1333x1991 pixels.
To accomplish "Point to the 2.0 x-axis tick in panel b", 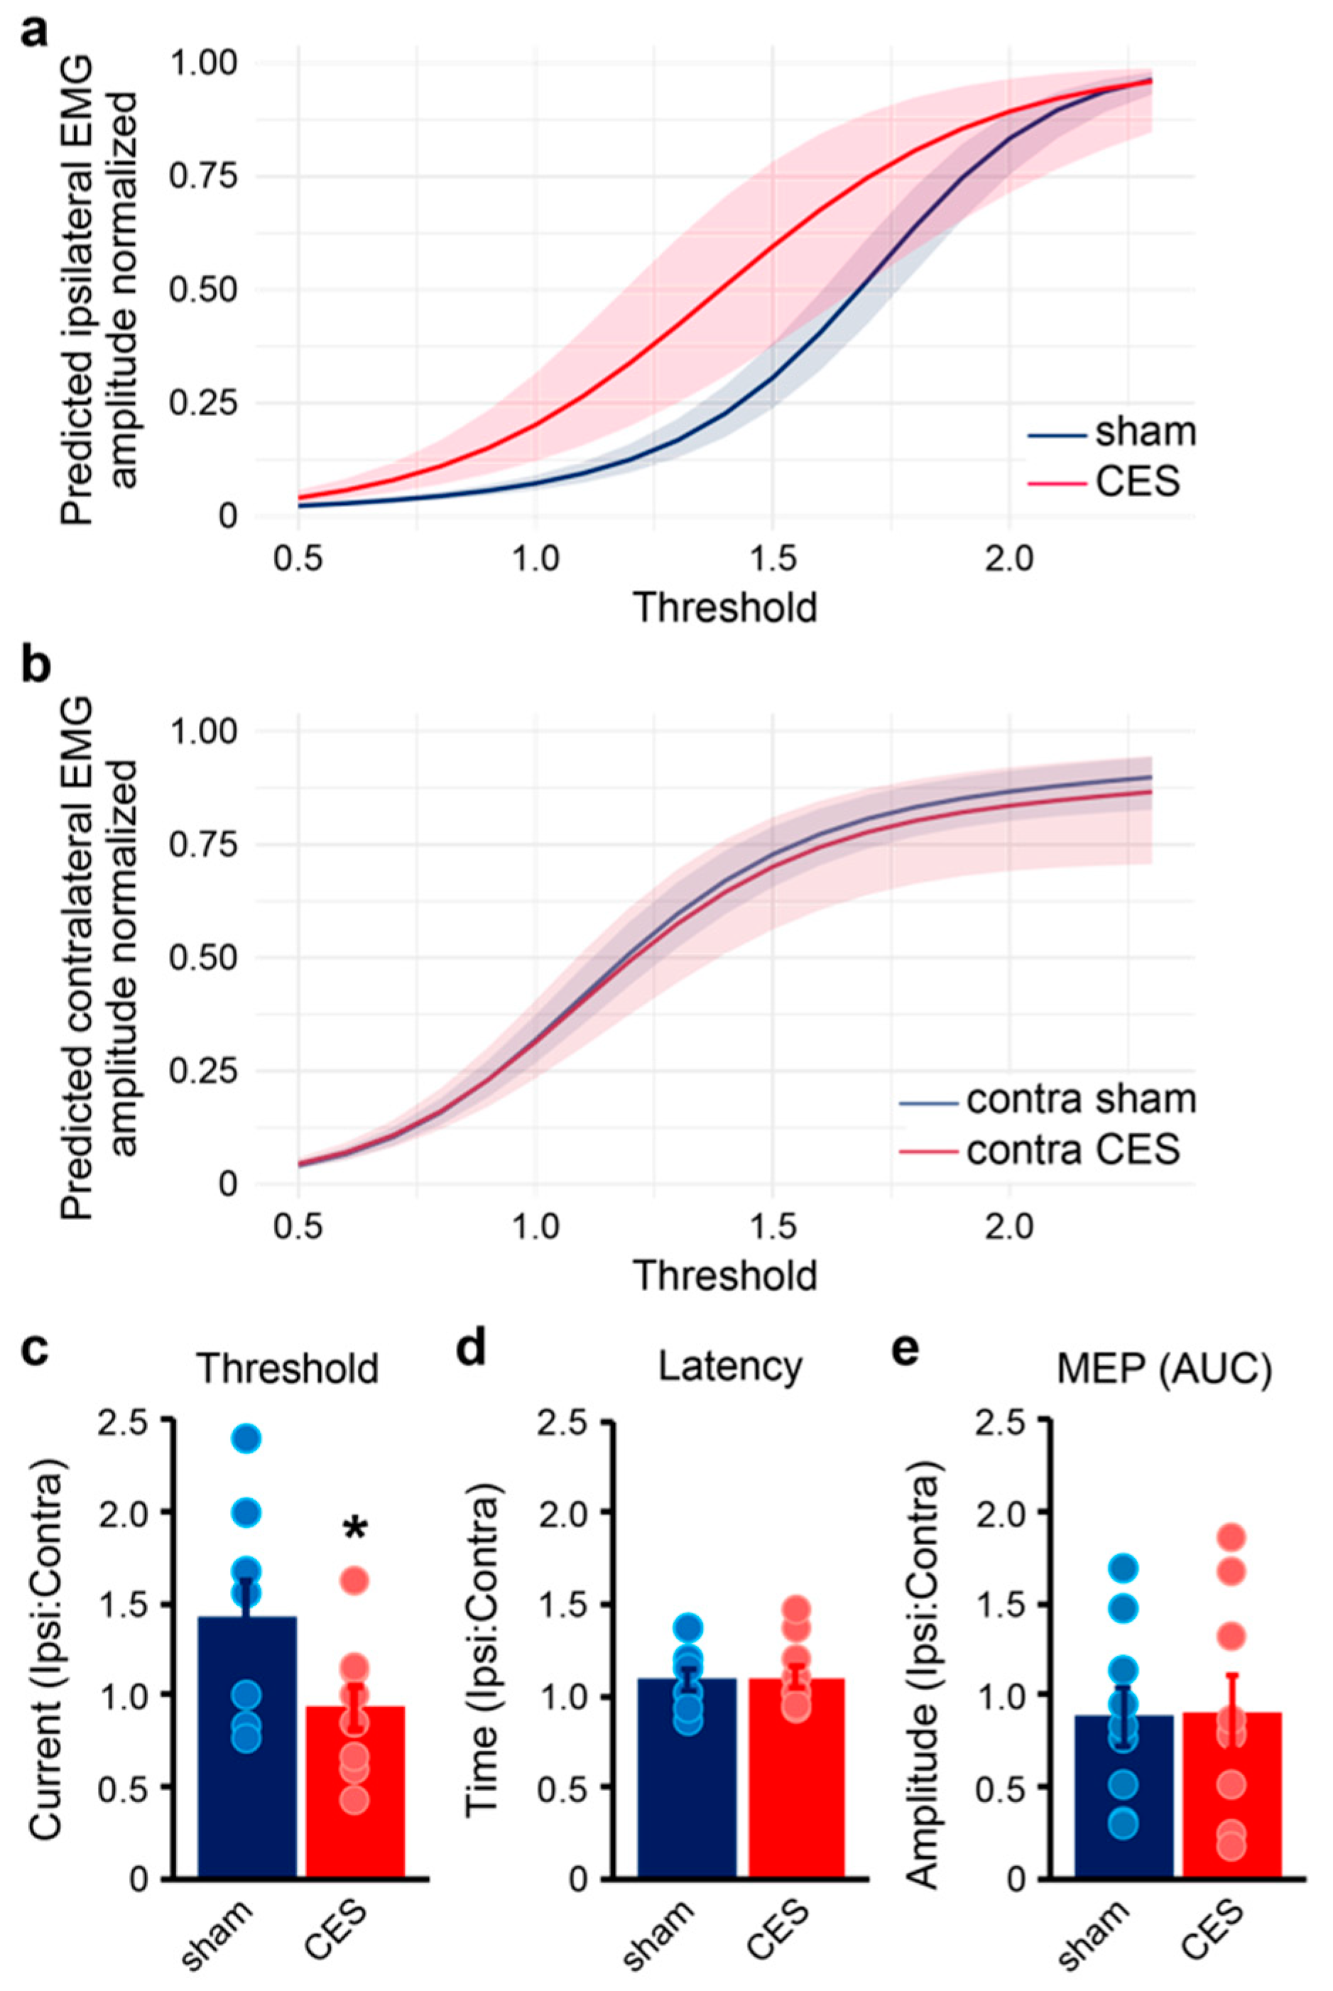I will pos(1008,1227).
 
